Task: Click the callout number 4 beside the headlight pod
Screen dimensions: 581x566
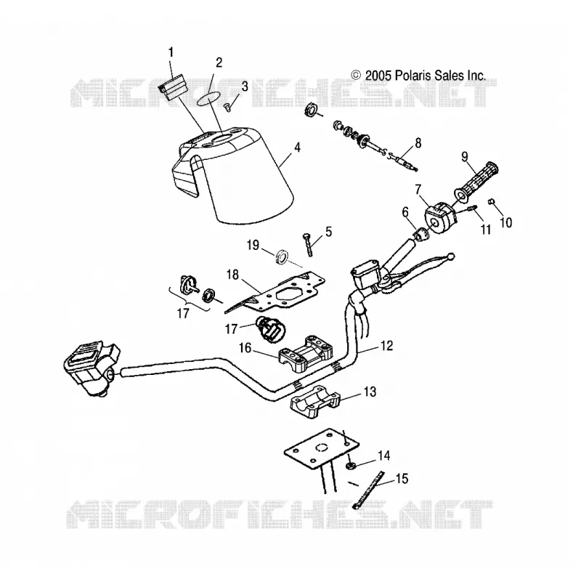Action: [297, 147]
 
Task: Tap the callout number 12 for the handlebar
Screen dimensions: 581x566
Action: [386, 345]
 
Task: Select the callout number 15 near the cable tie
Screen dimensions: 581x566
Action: [402, 478]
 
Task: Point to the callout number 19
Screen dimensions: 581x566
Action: [253, 245]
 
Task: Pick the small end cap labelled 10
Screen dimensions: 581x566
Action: [492, 201]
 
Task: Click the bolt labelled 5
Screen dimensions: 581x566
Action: [309, 244]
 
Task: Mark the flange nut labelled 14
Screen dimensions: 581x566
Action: [350, 466]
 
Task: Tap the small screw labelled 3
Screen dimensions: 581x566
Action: [227, 107]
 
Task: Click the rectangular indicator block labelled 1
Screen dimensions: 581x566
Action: [173, 89]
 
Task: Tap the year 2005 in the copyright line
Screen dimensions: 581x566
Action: [378, 76]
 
